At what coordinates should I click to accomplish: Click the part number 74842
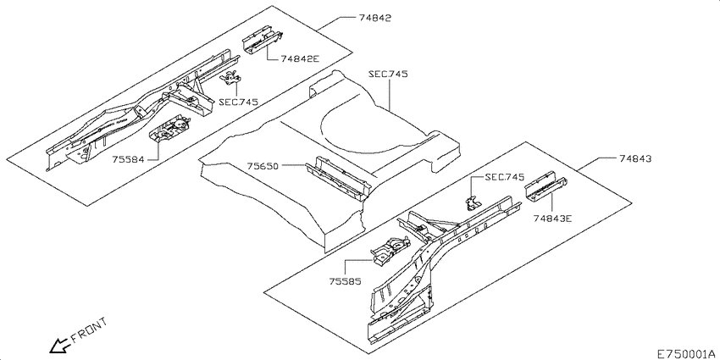click(374, 19)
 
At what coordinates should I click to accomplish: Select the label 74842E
click(301, 58)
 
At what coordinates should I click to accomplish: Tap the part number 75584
click(128, 160)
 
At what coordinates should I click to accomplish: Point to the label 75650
click(263, 166)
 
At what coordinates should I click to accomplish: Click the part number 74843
click(634, 159)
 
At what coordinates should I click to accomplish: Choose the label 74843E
click(552, 219)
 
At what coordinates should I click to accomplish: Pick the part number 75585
click(345, 281)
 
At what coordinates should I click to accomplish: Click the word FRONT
click(90, 330)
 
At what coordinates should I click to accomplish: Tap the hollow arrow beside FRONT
click(59, 346)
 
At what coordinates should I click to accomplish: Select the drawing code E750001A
click(686, 354)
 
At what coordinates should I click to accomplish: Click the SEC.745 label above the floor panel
click(389, 75)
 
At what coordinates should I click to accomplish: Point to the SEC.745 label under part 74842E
click(238, 102)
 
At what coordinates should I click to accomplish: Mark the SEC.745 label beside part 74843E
click(504, 177)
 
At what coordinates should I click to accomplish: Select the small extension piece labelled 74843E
click(546, 186)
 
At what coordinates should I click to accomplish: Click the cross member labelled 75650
click(339, 178)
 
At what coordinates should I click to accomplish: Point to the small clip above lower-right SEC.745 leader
click(472, 203)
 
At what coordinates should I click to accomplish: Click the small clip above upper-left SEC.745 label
click(232, 78)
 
